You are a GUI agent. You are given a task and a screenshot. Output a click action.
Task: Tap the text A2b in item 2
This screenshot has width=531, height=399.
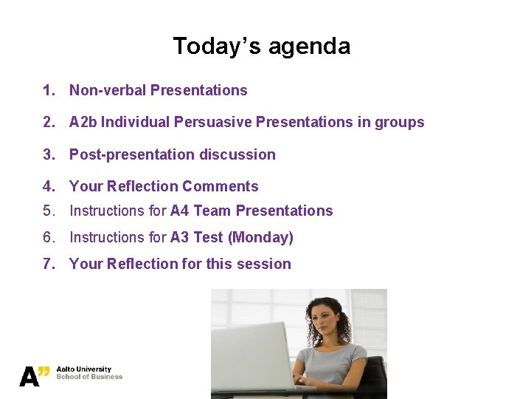[x=83, y=123]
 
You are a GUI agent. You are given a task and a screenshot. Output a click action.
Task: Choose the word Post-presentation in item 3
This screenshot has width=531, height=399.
[x=125, y=155]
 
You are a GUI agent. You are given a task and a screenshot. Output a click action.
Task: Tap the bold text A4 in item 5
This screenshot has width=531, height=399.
[x=180, y=211]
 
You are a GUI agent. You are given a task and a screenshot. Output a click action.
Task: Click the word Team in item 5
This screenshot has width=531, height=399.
[x=212, y=211]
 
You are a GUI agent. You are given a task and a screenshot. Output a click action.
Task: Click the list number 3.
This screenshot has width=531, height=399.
[x=48, y=155]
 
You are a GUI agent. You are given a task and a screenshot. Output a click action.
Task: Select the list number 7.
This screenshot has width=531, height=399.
[x=48, y=265]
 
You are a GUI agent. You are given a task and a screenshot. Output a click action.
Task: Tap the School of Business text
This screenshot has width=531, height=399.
[x=89, y=377]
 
